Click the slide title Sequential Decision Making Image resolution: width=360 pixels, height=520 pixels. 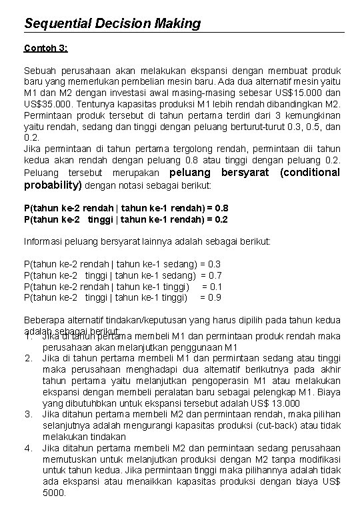pos(112,23)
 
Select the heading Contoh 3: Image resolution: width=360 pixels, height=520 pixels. pos(46,48)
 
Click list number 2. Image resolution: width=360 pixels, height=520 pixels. pos(29,359)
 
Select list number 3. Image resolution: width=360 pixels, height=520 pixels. pos(29,414)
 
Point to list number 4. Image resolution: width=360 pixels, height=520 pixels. pos(29,447)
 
